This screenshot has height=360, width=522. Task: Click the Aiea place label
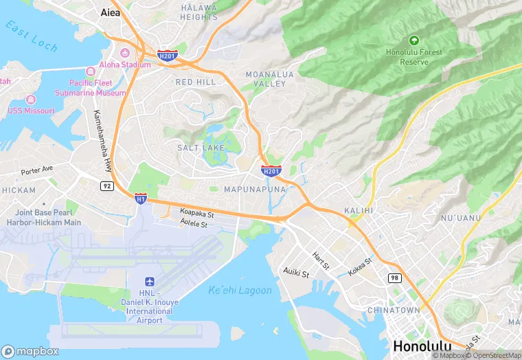pos(110,12)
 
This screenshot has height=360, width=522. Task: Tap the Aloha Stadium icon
pos(125,54)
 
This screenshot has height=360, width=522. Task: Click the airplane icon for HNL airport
pos(149,282)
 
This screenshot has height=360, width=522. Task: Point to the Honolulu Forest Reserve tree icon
pos(414,41)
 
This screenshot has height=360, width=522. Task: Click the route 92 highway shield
pos(106,185)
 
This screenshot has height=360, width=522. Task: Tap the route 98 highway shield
pos(394,277)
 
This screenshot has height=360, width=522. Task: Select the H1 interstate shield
pos(140,199)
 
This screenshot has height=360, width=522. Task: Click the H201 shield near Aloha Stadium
pos(167,56)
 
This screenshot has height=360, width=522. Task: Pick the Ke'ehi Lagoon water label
pos(240,289)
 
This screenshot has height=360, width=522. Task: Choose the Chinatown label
pos(394,311)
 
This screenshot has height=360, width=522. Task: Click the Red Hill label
pos(195,82)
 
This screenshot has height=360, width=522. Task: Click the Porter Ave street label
pos(36,170)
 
